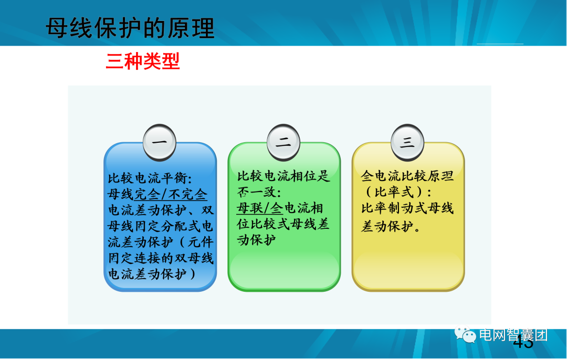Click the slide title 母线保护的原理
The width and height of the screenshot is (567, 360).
pos(130,28)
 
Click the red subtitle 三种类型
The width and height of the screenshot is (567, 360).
pos(143,61)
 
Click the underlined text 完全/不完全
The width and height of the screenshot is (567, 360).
pos(171,194)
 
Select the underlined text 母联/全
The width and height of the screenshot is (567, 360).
pos(260,208)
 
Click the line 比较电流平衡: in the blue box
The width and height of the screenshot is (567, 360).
pos(150,178)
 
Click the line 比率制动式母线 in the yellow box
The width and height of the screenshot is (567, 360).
pos(407,208)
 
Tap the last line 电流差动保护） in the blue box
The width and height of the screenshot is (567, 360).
pos(152,274)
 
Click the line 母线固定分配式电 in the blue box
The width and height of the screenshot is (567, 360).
pos(160,226)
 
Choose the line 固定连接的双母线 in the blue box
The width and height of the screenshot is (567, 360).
pos(160,258)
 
